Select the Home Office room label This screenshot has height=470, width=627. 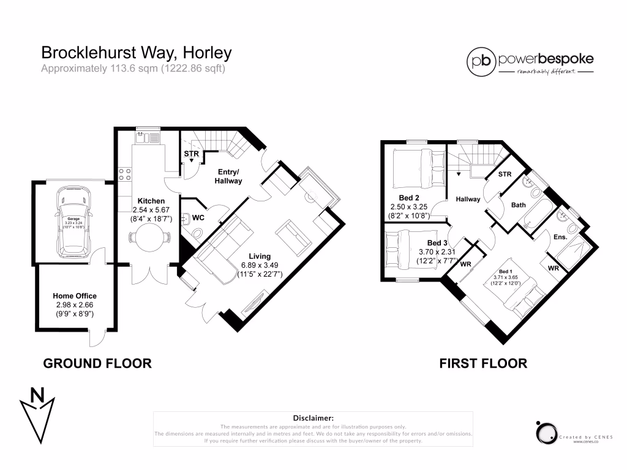click(x=74, y=296)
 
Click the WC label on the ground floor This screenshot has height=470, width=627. click(x=198, y=217)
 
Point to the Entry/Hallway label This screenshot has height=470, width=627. click(x=228, y=176)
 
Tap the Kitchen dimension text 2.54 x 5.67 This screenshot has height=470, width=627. click(x=151, y=211)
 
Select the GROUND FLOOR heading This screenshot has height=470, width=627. click(x=97, y=364)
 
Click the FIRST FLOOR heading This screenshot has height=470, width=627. click(x=483, y=364)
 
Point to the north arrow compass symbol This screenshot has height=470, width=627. click(x=38, y=412)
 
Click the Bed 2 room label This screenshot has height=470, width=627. click(x=408, y=198)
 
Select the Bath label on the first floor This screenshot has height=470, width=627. click(x=519, y=206)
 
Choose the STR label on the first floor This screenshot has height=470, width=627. click(x=505, y=174)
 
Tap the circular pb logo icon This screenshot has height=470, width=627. click(x=481, y=60)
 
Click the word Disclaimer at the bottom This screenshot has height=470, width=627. click(x=312, y=417)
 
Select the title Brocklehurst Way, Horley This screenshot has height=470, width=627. click(x=136, y=53)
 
